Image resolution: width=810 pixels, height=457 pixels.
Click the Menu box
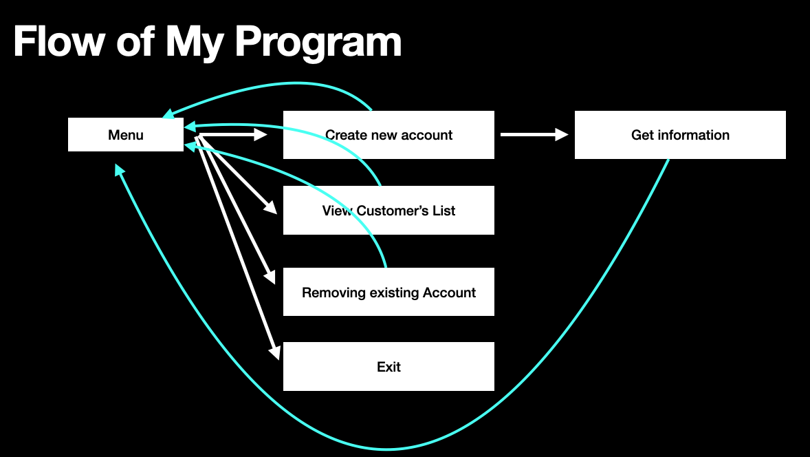pos(126,135)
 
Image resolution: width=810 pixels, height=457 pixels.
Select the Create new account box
pos(388,135)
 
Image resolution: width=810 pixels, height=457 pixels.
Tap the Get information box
pos(680,135)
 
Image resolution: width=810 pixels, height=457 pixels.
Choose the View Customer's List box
pos(388,211)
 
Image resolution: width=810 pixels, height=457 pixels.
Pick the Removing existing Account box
pos(388,293)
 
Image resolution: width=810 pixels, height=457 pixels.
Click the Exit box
pos(388,367)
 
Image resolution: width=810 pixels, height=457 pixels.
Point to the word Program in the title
pos(318,43)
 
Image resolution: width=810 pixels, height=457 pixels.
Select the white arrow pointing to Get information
pos(534,135)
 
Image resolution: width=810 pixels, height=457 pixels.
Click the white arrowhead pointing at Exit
pos(275,352)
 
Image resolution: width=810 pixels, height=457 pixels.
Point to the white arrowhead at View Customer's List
pos(270,208)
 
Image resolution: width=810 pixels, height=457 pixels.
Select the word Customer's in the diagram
pos(389,211)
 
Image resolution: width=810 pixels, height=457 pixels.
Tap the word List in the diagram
pos(444,211)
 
